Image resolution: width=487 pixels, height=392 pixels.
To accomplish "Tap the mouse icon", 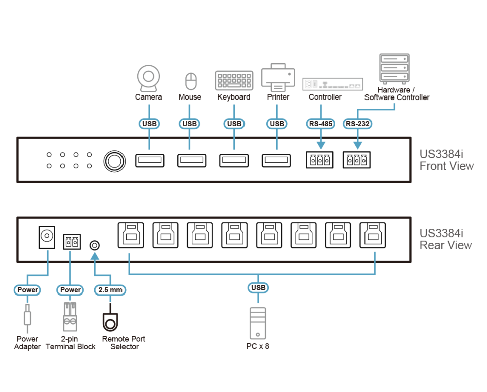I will (190, 81).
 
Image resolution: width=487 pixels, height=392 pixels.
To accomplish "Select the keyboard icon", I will (233, 81).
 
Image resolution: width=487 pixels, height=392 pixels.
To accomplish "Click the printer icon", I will (277, 77).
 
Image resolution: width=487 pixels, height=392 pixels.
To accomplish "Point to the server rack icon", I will (394, 69).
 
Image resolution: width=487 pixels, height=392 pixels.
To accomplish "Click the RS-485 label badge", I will (320, 124).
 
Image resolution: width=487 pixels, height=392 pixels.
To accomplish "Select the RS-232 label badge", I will (357, 124).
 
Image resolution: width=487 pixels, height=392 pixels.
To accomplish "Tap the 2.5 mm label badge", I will (109, 290).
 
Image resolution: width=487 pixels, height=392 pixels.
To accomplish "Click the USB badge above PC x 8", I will (258, 288).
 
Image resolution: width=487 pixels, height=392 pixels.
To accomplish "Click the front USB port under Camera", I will (149, 161).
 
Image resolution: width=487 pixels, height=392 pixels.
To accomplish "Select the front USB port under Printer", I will (276, 161).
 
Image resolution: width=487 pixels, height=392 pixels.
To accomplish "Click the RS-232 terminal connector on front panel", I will (356, 160).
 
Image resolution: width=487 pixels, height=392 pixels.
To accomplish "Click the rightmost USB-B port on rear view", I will (373, 235).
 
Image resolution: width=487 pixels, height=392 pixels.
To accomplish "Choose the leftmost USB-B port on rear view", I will (130, 235).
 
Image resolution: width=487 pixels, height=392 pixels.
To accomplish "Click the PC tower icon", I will (258, 323).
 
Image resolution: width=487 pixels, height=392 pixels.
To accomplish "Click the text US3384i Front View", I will (446, 160).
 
